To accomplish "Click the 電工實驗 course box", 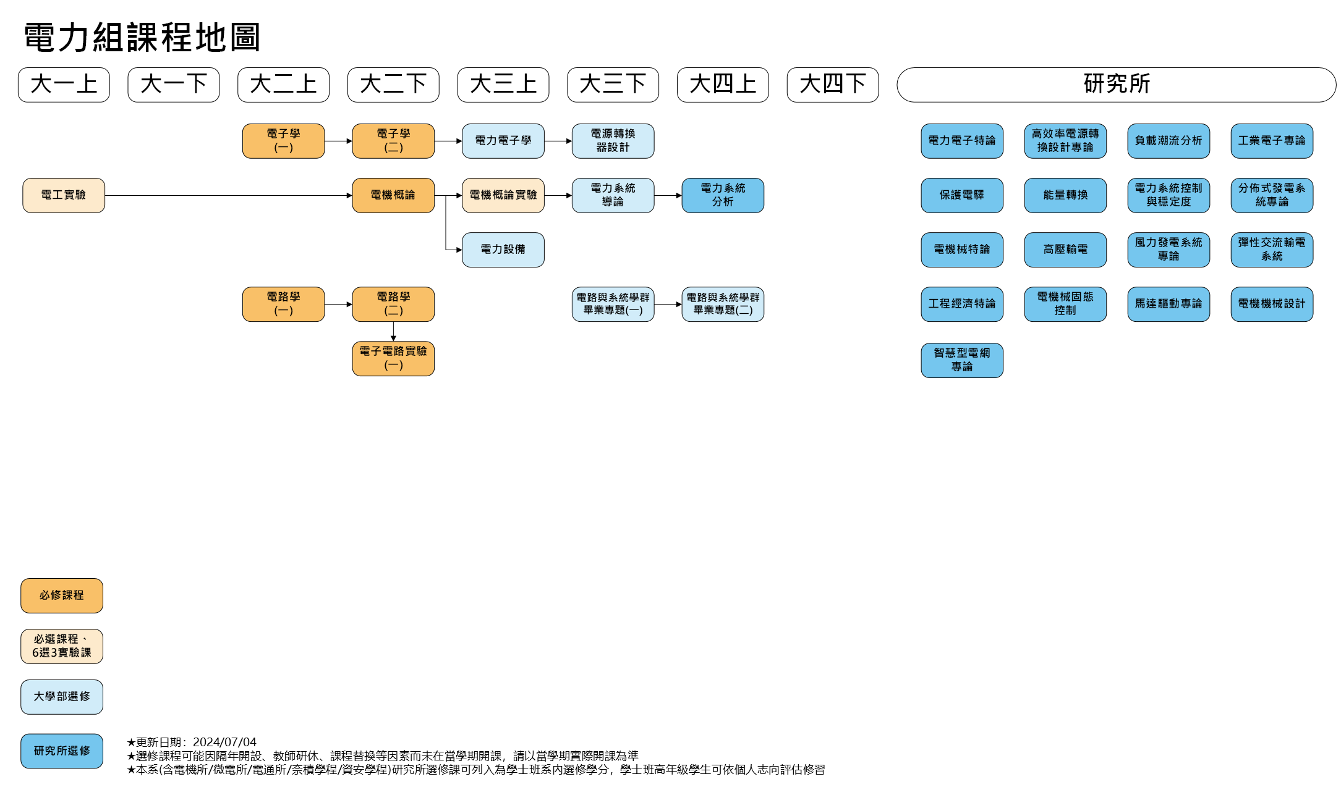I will click(x=64, y=195).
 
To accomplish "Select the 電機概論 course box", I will click(x=393, y=195).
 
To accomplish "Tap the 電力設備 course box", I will click(x=503, y=250).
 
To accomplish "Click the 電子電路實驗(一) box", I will click(x=393, y=358).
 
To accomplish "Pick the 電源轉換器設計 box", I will click(x=613, y=141).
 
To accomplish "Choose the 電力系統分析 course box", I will click(x=723, y=195).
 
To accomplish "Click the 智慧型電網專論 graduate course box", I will click(x=962, y=360).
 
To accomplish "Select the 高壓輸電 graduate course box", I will click(x=1065, y=250).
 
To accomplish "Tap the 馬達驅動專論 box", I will click(x=1169, y=304).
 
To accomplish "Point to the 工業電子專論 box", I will click(x=1272, y=141).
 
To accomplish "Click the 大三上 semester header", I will click(x=503, y=85).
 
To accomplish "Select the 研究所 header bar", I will click(x=1116, y=85).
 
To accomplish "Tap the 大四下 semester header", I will click(x=833, y=85).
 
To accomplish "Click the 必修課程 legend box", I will click(x=62, y=596).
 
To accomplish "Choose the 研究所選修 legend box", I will click(x=62, y=751).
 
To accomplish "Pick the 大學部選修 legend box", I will click(x=62, y=697).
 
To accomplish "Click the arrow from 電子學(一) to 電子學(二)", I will click(x=338, y=141).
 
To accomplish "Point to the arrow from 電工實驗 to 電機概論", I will click(x=229, y=195).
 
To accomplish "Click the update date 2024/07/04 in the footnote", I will click(x=224, y=742).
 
